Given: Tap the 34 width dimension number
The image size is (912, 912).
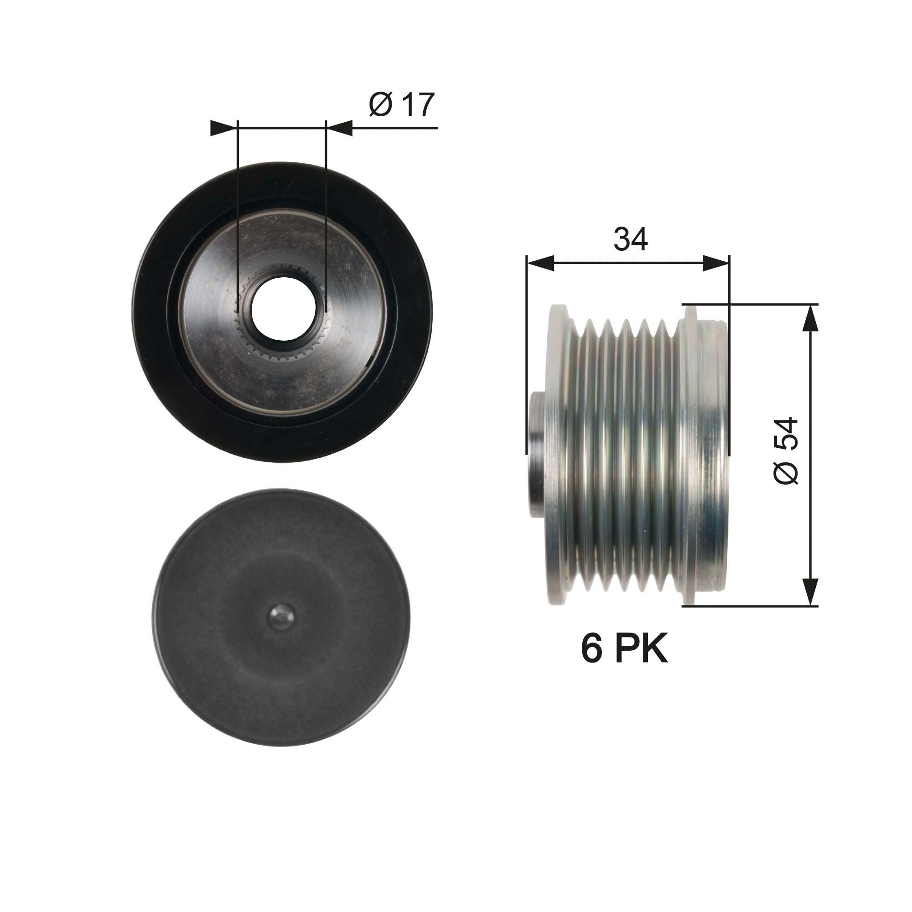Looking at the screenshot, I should [x=630, y=240].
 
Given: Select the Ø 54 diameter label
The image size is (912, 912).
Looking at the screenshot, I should [x=786, y=451].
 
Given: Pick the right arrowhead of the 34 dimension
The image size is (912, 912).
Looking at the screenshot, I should [x=716, y=264].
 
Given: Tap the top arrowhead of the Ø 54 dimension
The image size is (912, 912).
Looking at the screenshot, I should [x=810, y=319].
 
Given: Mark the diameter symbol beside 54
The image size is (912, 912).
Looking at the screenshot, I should [x=786, y=472].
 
